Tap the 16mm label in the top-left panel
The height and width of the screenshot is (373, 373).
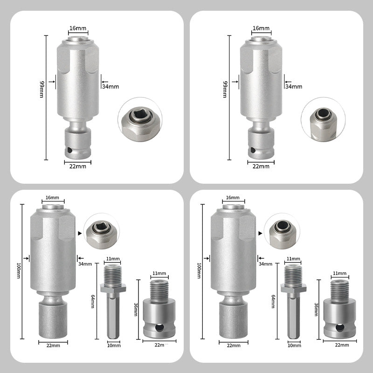pos(78,28)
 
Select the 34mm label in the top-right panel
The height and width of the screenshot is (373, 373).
pos(293,86)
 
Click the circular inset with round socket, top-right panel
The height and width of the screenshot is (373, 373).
pos(323,118)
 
